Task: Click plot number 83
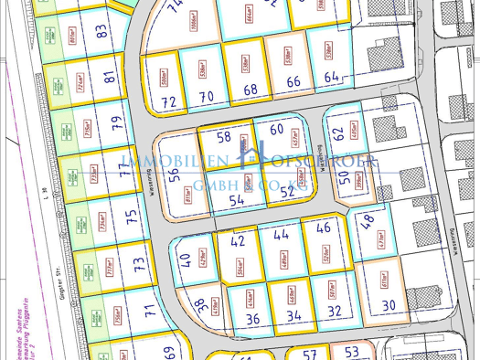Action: [x=101, y=31]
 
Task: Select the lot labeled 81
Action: [x=110, y=79]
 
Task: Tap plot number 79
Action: [x=115, y=124]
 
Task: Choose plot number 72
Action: [x=169, y=102]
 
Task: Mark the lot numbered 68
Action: [x=251, y=90]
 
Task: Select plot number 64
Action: [x=332, y=79]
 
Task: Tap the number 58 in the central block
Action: [x=224, y=137]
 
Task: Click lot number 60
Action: [x=277, y=129]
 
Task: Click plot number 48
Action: [x=367, y=220]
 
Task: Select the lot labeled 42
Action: [x=238, y=242]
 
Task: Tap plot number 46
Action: [x=323, y=228]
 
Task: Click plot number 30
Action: [x=388, y=306]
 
